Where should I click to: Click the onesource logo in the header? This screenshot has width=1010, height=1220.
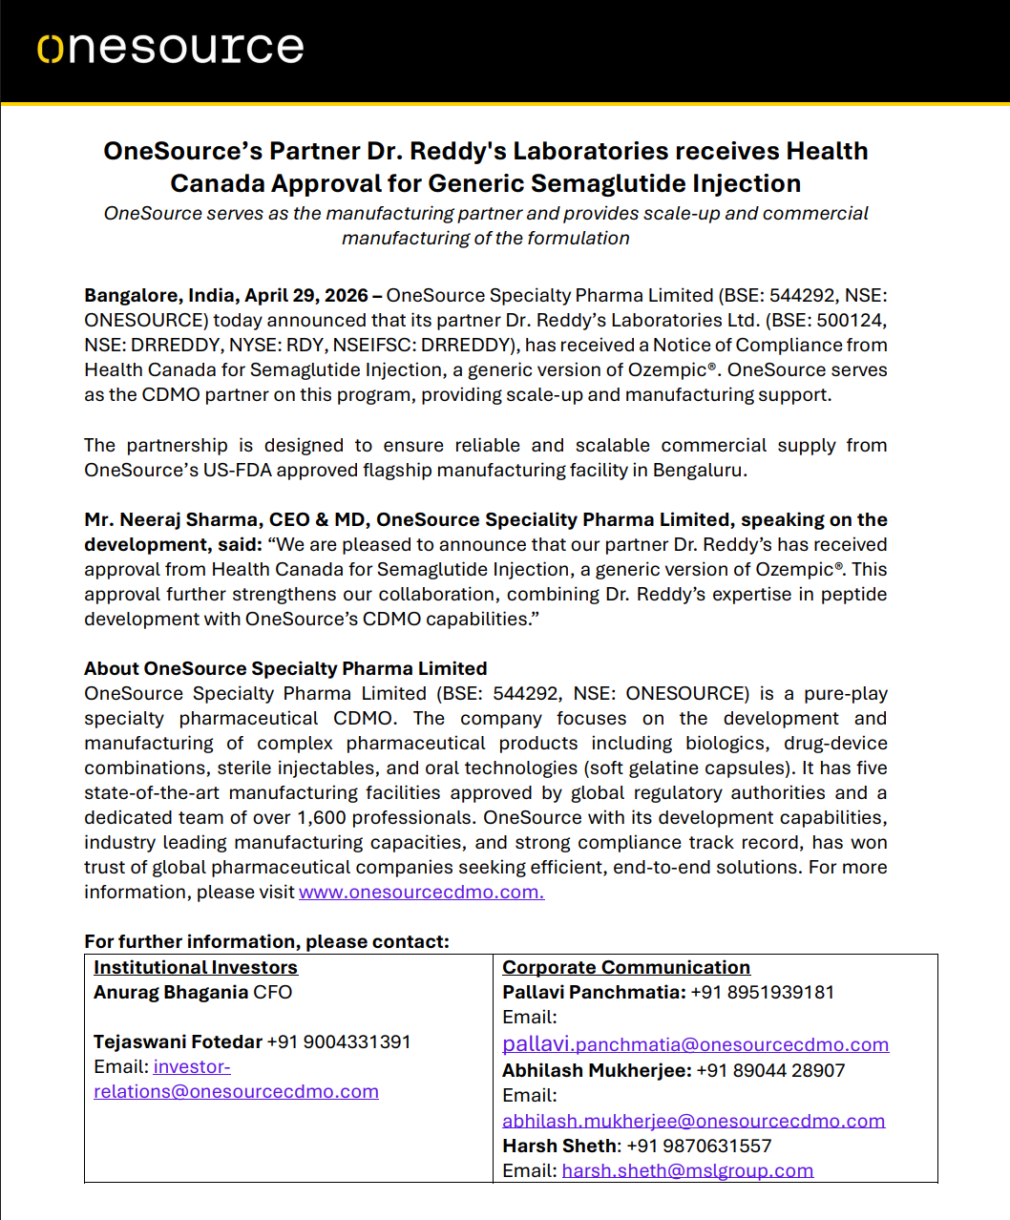click(x=171, y=48)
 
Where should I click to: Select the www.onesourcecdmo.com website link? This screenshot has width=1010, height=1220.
click(x=421, y=892)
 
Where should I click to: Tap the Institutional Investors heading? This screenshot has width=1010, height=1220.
click(x=196, y=967)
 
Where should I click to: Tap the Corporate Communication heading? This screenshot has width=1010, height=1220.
click(x=626, y=967)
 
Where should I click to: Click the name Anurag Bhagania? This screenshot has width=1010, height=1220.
click(x=171, y=992)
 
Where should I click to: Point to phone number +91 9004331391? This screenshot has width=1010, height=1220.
click(x=339, y=1041)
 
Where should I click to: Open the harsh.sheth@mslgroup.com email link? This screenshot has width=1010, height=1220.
click(x=687, y=1170)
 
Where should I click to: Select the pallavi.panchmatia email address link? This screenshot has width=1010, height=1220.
click(x=695, y=1044)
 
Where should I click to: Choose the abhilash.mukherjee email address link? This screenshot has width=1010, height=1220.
click(x=693, y=1121)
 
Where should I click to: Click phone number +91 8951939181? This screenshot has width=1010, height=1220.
click(x=762, y=992)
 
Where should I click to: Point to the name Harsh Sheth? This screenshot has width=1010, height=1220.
click(x=560, y=1146)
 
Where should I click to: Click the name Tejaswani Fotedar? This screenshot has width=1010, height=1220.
click(x=178, y=1041)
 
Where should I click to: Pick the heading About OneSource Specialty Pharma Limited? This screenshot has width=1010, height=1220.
click(x=285, y=668)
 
